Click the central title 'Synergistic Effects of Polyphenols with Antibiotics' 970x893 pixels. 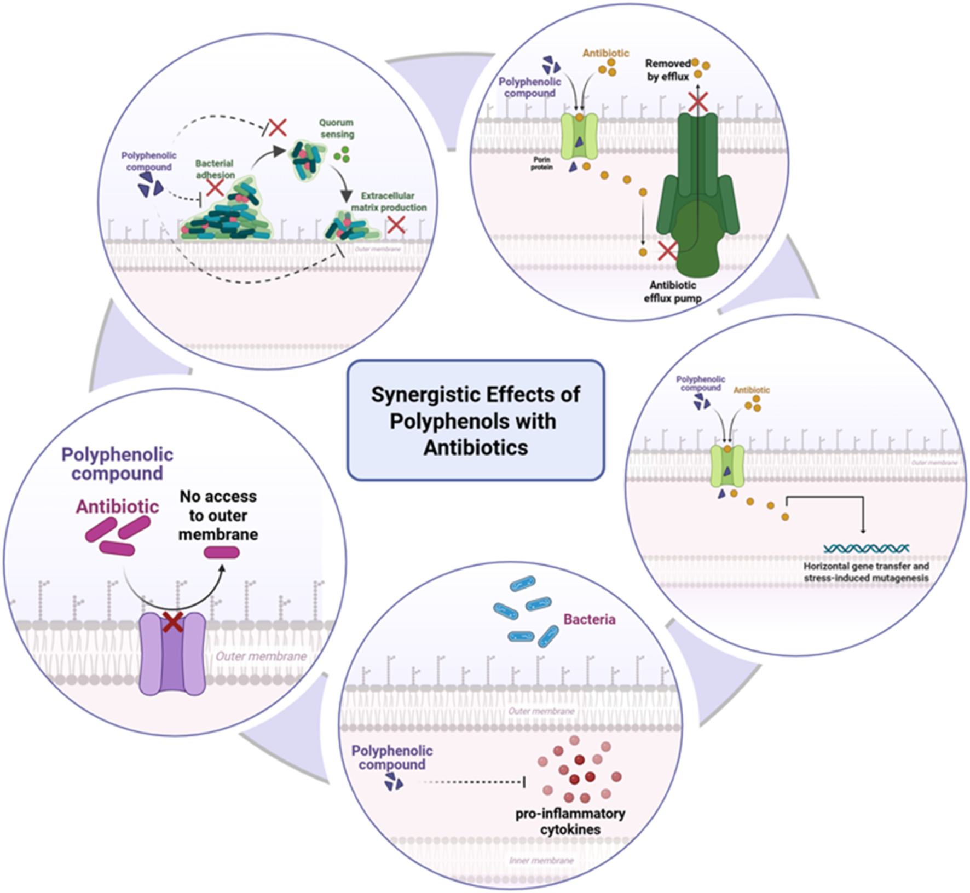475,420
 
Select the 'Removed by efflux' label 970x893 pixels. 668,70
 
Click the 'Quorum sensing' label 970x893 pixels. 337,128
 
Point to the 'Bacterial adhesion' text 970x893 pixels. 215,169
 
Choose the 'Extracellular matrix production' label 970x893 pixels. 388,201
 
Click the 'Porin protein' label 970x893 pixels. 541,163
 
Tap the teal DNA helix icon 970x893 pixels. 866,548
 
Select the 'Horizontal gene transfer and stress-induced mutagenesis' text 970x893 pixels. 866,572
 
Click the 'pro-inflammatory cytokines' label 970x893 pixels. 570,821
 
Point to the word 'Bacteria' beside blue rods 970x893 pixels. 589,619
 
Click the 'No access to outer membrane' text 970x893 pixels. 218,515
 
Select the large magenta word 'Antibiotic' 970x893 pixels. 117,506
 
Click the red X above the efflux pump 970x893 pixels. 698,102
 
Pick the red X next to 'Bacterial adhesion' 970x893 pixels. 215,188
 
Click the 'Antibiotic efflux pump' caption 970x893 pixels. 673,292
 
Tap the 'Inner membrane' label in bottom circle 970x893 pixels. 541,860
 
